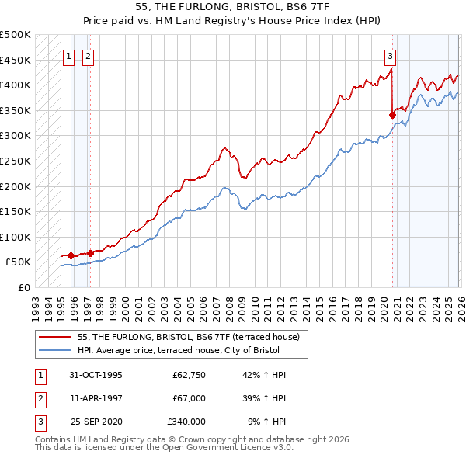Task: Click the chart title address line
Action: click(232, 8)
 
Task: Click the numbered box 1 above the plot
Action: click(69, 56)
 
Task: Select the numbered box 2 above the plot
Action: click(88, 56)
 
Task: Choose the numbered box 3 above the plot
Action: click(390, 56)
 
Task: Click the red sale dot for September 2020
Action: click(392, 116)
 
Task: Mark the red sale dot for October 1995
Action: click(71, 255)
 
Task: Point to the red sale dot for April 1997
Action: click(90, 253)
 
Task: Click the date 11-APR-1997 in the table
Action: click(96, 397)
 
